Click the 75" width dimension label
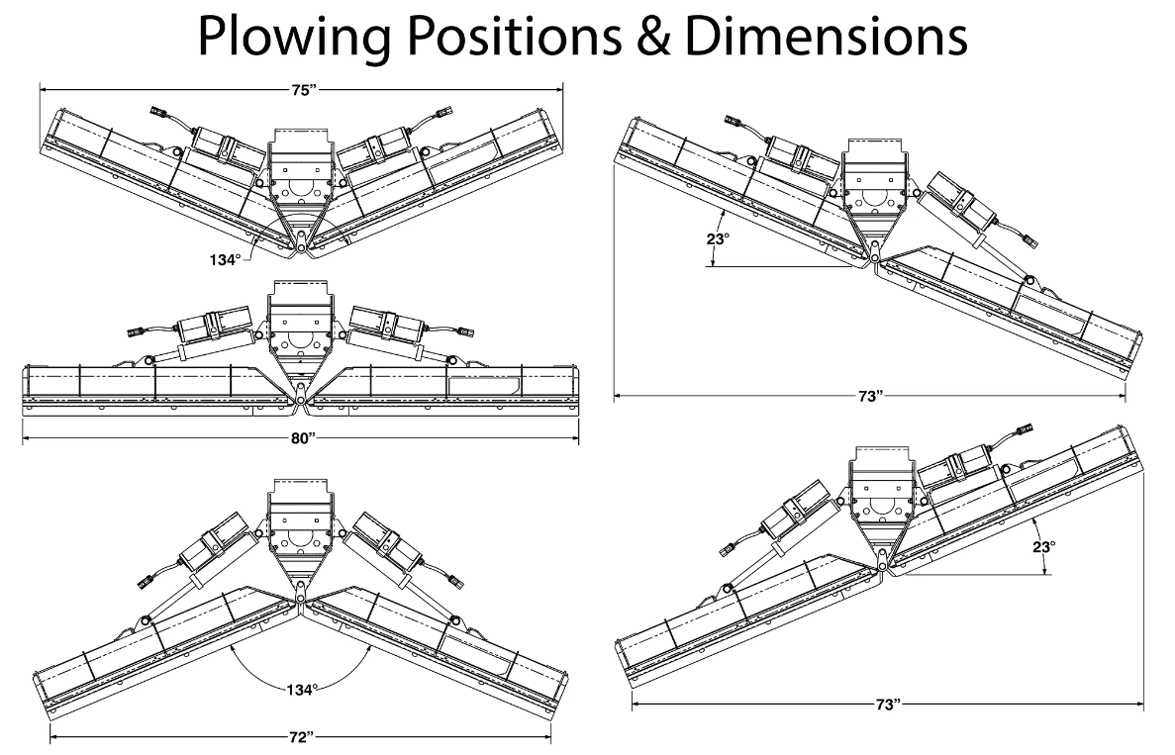click(303, 89)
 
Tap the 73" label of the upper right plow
click(870, 397)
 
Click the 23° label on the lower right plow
click(1044, 545)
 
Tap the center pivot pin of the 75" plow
click(301, 248)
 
